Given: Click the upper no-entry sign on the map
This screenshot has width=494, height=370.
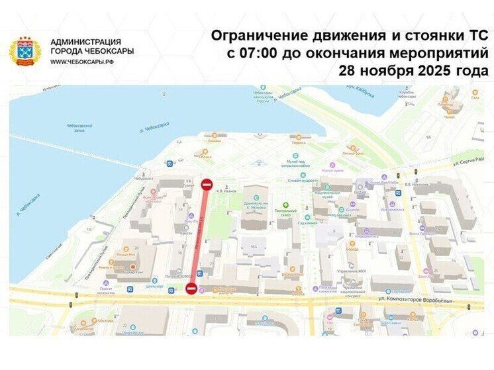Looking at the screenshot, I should tap(206, 185).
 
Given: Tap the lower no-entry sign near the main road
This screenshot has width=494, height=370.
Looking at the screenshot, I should tap(191, 288).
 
